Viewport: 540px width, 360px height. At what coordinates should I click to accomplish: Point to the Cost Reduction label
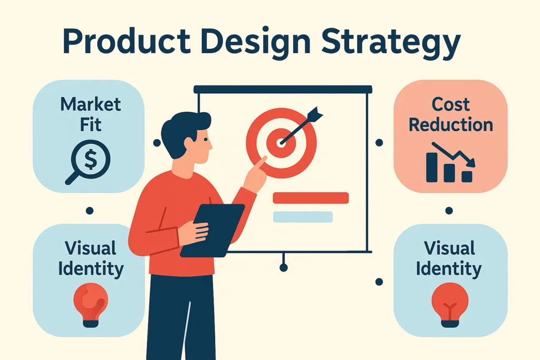[x=451, y=114]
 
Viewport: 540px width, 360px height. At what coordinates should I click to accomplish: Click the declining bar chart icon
[x=451, y=162]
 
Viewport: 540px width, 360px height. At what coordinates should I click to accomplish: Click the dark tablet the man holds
[x=213, y=230]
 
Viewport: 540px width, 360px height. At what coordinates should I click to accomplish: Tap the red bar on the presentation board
[x=311, y=198]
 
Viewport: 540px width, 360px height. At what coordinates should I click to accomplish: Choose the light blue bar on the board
[x=303, y=217]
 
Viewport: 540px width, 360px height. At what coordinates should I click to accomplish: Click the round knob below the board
[x=284, y=268]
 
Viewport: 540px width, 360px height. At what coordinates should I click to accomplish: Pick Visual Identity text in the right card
[x=449, y=258]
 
